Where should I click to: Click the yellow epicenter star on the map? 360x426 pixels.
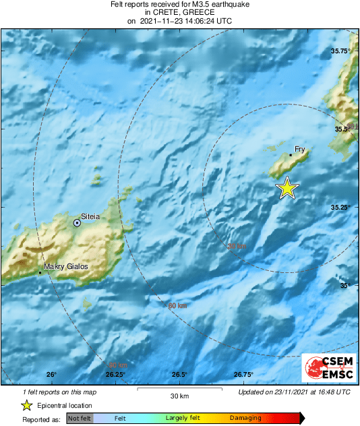pos(287,188)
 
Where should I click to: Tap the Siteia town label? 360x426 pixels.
pos(91,216)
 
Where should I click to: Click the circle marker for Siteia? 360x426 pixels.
pos(78,222)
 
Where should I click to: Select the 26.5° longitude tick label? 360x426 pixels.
pos(179,375)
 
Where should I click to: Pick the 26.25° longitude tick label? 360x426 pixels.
pos(115,375)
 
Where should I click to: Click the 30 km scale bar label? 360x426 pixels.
pos(179,396)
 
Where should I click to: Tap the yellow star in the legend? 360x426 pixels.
pos(26,405)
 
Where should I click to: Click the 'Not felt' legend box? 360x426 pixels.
pos(80,418)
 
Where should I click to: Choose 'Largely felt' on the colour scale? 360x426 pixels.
pos(183,418)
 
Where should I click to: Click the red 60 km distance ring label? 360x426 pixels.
pos(177,306)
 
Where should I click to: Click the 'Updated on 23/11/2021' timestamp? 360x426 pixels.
pos(294,392)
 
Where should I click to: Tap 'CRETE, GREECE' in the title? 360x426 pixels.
pos(179,13)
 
